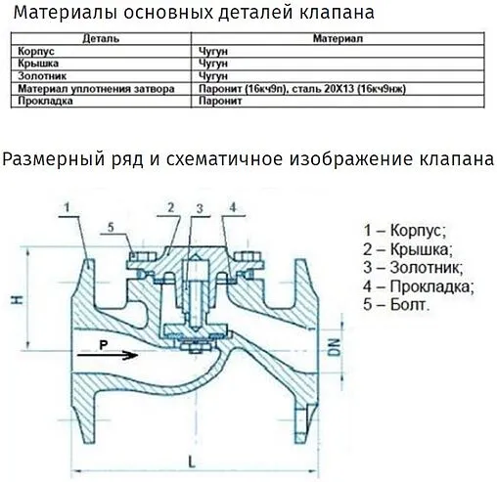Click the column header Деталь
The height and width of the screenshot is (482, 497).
tap(102, 41)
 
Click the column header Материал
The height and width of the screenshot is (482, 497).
tap(337, 41)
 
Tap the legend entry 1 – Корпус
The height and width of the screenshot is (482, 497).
tap(404, 231)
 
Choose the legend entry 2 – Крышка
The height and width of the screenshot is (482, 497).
tap(406, 249)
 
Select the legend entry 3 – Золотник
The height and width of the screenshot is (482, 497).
tap(412, 268)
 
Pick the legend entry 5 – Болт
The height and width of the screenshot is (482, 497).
tap(395, 305)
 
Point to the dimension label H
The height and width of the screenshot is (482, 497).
tap(13, 298)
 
